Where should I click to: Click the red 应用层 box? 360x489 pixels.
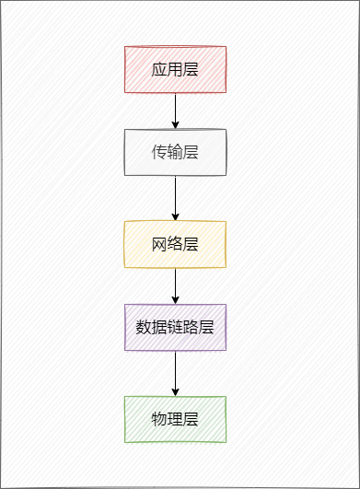pyautogui.click(x=175, y=69)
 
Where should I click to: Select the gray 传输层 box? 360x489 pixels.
pyautogui.click(x=175, y=152)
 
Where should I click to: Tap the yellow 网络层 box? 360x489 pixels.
pyautogui.click(x=175, y=244)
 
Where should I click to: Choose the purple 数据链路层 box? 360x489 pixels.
pyautogui.click(x=175, y=327)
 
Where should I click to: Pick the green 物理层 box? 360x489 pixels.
pyautogui.click(x=175, y=419)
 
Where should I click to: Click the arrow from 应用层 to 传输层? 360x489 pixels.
pyautogui.click(x=175, y=109)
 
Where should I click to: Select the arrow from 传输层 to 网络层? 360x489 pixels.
pyautogui.click(x=175, y=196)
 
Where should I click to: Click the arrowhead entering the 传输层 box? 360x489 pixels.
pyautogui.click(x=175, y=124)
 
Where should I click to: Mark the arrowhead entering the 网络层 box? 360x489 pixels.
pyautogui.click(x=175, y=216)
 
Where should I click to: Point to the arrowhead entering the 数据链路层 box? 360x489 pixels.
pyautogui.click(x=175, y=299)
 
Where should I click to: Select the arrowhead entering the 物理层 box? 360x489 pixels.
pyautogui.click(x=175, y=391)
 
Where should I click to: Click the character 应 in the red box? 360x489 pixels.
pyautogui.click(x=159, y=69)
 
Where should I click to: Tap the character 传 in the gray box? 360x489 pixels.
pyautogui.click(x=159, y=152)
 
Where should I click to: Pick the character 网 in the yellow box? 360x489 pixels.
pyautogui.click(x=159, y=244)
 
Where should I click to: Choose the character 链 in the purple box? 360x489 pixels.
pyautogui.click(x=175, y=327)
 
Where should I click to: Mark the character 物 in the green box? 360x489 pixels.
pyautogui.click(x=159, y=419)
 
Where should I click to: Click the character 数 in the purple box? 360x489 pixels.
pyautogui.click(x=144, y=327)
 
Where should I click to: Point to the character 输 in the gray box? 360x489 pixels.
pyautogui.click(x=175, y=152)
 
